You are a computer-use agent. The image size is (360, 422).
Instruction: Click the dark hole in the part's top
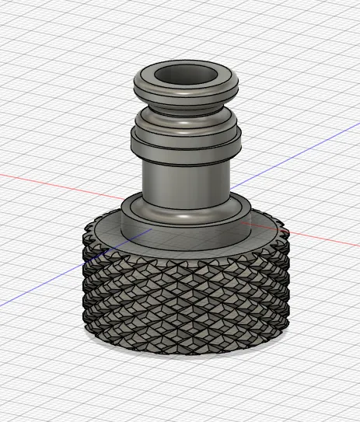point(185,75)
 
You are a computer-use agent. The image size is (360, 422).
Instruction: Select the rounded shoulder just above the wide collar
point(185,119)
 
